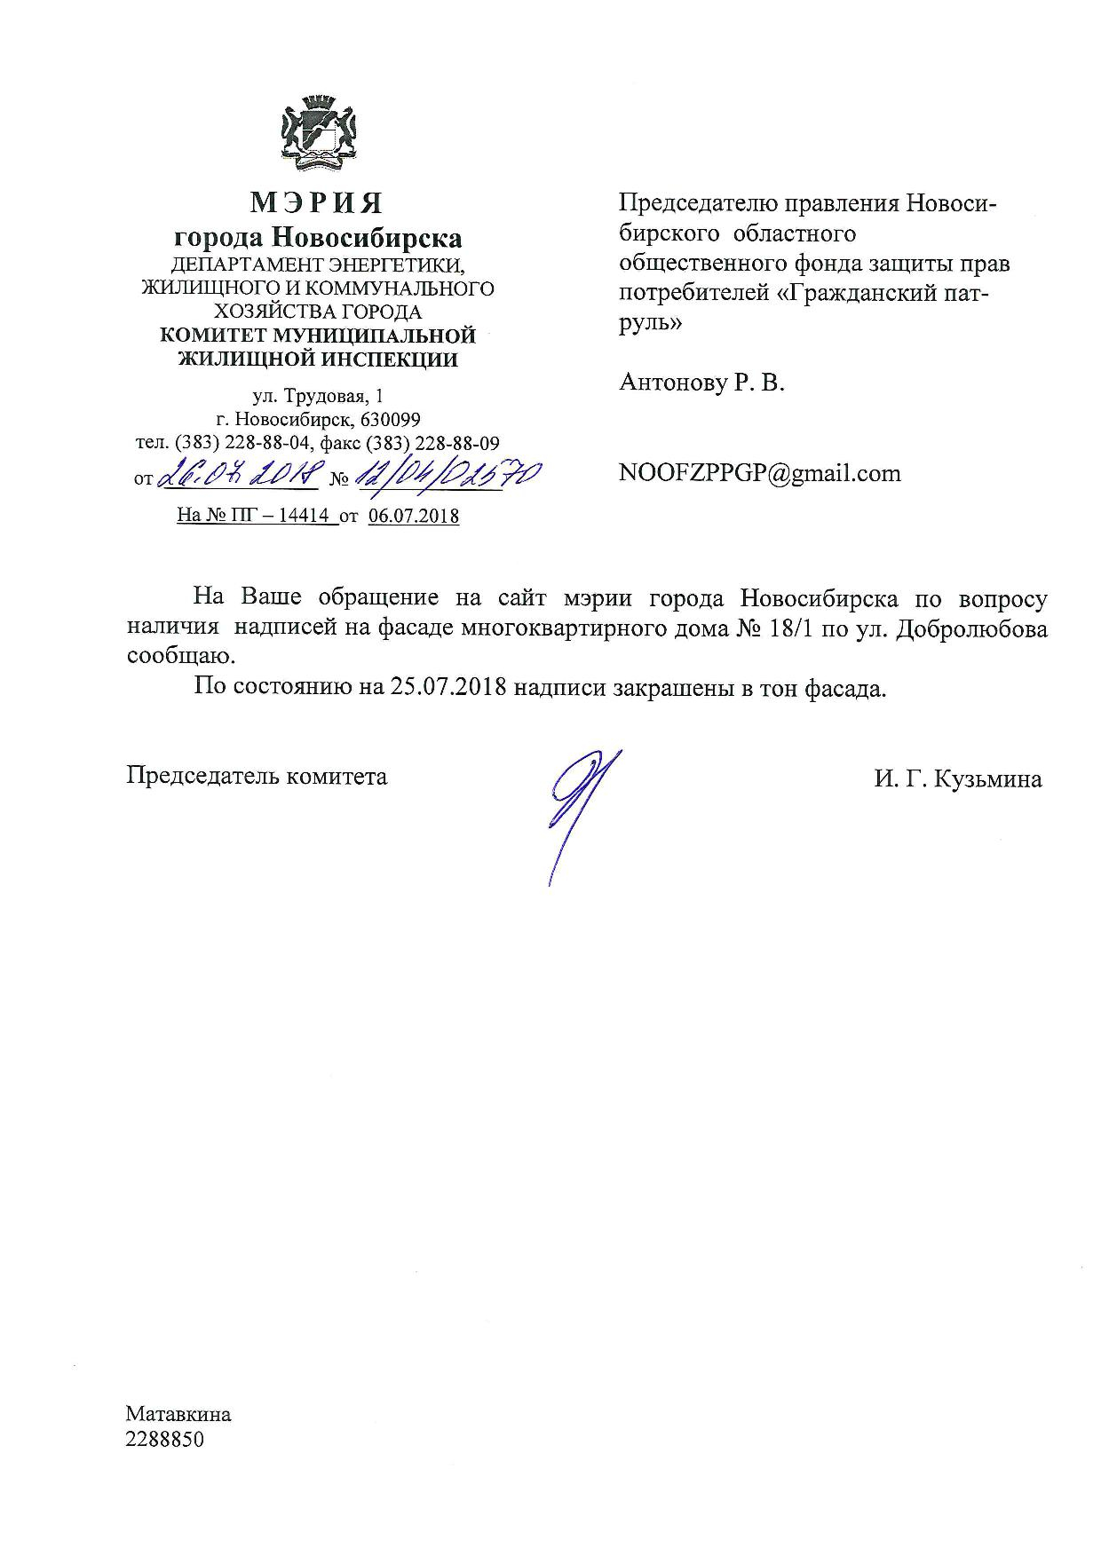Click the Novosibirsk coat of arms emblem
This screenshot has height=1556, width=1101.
pyautogui.click(x=318, y=135)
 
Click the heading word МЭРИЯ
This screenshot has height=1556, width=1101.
pyautogui.click(x=317, y=203)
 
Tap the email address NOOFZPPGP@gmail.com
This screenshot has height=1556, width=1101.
pyautogui.click(x=760, y=473)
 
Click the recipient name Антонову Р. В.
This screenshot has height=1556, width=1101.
pyautogui.click(x=701, y=383)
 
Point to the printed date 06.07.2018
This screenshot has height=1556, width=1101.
pyautogui.click(x=413, y=516)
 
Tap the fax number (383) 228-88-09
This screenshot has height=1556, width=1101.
pyautogui.click(x=450, y=442)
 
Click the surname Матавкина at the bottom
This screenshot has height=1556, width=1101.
pyautogui.click(x=178, y=1414)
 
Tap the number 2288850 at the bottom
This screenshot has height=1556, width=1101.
pyautogui.click(x=165, y=1439)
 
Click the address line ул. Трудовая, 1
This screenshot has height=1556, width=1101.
pyautogui.click(x=317, y=396)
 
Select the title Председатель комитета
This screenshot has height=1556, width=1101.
pyautogui.click(x=257, y=776)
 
